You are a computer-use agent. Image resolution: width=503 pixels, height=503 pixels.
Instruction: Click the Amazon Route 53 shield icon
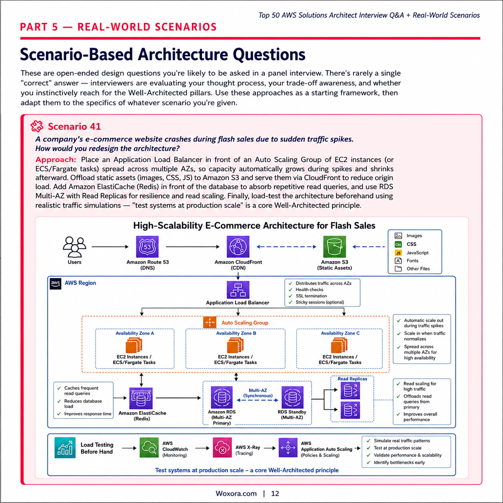pos(147,247)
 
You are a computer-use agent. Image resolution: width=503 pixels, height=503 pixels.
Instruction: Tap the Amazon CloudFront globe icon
pos(238,247)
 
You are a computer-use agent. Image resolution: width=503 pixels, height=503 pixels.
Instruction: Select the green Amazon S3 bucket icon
pos(335,247)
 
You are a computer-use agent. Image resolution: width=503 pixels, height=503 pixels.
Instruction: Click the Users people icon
pos(74,247)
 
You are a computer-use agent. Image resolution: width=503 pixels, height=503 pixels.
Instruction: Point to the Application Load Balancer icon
pos(238,290)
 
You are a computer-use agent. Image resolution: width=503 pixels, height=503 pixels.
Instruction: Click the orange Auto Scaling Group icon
pos(210,322)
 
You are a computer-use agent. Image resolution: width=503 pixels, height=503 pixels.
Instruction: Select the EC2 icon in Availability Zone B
pos(235,345)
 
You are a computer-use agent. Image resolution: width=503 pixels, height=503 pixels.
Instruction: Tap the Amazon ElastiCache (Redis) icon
pos(141,398)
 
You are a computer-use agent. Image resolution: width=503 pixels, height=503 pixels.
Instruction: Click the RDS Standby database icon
pos(292,397)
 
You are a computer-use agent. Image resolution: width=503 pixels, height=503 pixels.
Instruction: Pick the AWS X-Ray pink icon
pos(222,448)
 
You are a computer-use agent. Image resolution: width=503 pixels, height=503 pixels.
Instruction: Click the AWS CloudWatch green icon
pos(149,448)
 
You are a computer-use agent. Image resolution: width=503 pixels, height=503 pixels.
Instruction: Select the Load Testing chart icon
pos(65,448)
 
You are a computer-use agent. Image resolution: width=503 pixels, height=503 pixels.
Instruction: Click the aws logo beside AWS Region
pos(55,284)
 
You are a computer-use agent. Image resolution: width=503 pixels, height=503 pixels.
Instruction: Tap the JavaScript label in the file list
pos(418,253)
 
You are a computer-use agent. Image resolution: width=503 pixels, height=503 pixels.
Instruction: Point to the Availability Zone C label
pos(340,333)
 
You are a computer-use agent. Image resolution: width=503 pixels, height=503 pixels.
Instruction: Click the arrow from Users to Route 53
pos(110,247)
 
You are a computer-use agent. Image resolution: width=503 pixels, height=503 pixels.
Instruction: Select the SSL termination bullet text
pos(311,296)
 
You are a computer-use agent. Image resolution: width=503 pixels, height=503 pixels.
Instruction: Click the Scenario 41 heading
pos(74,127)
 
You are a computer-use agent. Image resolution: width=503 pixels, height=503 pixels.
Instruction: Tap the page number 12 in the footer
pos(275,494)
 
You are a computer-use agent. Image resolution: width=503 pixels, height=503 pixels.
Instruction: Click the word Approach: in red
pos(56,160)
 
